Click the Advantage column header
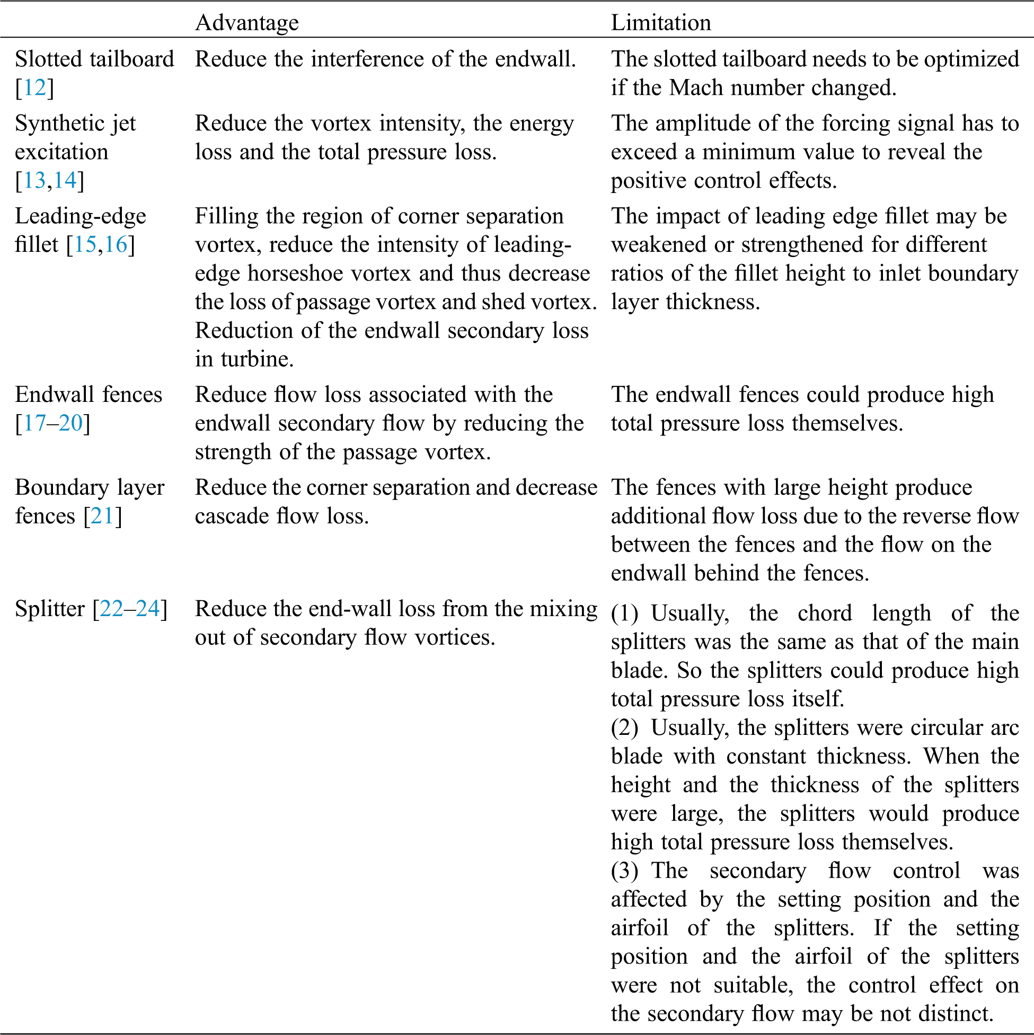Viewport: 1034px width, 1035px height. tap(247, 22)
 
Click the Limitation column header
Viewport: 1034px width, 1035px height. tap(661, 22)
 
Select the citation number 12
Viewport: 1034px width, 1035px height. tap(35, 87)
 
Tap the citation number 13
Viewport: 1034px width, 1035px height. tap(35, 180)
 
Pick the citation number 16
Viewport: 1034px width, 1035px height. tap(116, 244)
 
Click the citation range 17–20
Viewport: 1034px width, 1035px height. tap(53, 423)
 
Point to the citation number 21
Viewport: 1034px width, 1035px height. tap(103, 516)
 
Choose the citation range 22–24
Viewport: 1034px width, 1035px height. tap(130, 609)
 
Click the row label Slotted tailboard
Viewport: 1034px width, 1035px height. tap(94, 59)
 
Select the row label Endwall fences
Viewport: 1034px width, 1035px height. tap(89, 394)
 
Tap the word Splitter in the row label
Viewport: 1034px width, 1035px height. tap(50, 609)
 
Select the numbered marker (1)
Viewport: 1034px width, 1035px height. tap(624, 613)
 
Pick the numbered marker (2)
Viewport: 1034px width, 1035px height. tap(624, 727)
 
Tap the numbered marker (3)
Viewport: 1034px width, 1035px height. tap(624, 871)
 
